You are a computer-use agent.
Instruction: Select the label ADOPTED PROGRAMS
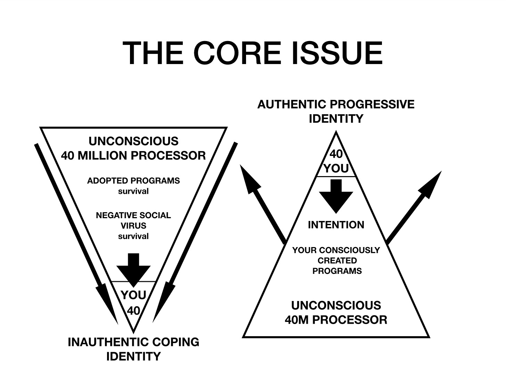coord(133,181)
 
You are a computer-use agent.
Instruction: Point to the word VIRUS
coord(133,226)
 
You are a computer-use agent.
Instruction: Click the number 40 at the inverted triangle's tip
coord(133,310)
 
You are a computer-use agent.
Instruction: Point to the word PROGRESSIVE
coord(372,104)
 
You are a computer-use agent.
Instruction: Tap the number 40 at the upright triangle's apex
coord(336,154)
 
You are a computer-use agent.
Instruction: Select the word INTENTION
coord(336,225)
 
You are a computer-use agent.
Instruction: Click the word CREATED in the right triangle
coord(337,261)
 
